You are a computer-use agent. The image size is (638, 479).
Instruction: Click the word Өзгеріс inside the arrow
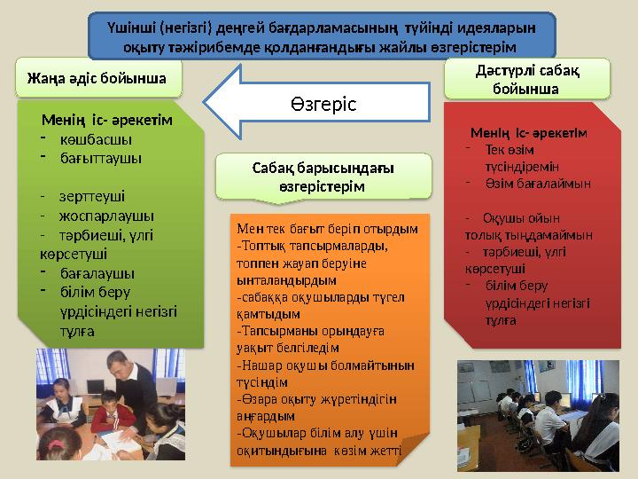click(322, 105)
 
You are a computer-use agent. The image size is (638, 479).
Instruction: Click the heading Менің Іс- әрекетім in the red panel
click(528, 133)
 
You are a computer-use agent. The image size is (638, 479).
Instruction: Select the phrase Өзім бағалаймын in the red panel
click(537, 184)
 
